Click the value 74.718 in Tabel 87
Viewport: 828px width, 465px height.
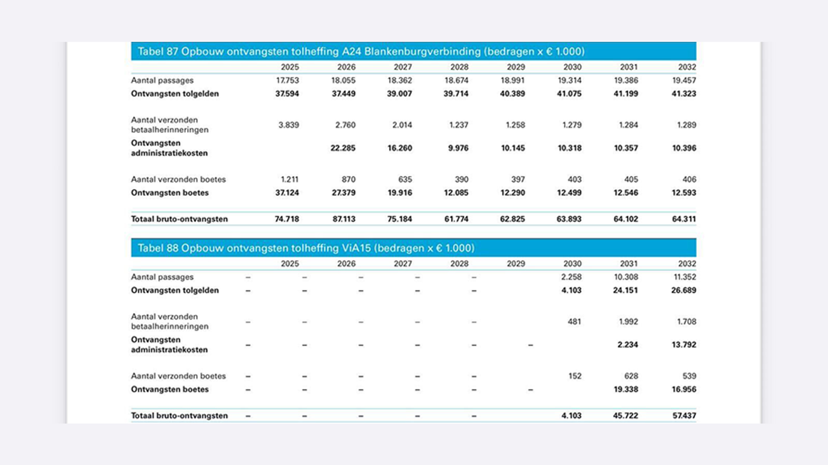[287, 219]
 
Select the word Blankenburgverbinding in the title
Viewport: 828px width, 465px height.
[422, 52]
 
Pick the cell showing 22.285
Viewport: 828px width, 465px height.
[343, 148]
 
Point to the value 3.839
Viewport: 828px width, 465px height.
[289, 125]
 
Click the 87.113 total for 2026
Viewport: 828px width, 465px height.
[344, 219]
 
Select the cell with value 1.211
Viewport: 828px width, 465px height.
[289, 179]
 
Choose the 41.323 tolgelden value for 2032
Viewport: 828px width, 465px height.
[684, 94]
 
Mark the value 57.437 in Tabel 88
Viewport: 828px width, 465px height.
[684, 416]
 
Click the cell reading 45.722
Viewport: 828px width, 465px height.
[625, 416]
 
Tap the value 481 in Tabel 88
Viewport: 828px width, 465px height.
[574, 322]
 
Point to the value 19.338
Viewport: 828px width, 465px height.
[626, 390]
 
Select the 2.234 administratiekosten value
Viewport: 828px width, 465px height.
[627, 345]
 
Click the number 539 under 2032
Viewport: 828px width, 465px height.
[689, 376]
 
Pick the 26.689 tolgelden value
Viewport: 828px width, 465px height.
[684, 290]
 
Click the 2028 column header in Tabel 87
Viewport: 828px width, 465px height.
[459, 67]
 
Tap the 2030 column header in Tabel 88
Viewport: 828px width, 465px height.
[572, 264]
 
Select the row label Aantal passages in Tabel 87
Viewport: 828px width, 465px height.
[162, 81]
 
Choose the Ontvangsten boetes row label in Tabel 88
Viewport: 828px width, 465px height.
[170, 390]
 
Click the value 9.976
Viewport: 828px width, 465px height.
[458, 148]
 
